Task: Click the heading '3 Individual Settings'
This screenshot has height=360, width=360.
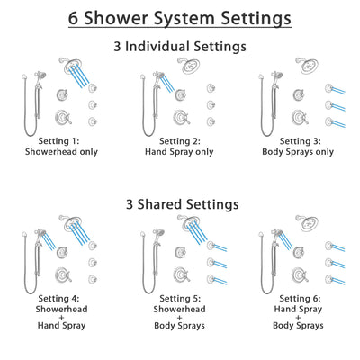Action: click(x=180, y=46)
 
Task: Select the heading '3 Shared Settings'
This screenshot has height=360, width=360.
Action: click(x=180, y=204)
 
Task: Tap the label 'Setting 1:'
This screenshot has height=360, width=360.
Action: click(x=56, y=141)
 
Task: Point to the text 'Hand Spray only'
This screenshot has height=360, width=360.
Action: click(x=179, y=152)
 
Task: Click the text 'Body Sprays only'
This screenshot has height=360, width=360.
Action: click(x=301, y=152)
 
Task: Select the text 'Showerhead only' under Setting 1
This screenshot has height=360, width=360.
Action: click(x=56, y=152)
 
